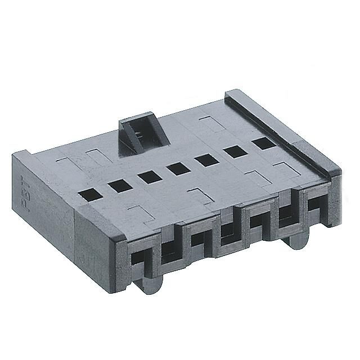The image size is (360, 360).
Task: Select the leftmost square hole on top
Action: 88,194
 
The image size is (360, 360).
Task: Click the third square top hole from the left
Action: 149,175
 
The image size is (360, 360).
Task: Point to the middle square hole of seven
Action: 178,167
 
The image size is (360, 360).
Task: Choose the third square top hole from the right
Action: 206,159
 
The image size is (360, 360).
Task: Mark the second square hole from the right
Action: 235,151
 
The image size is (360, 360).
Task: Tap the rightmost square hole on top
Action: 262,143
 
